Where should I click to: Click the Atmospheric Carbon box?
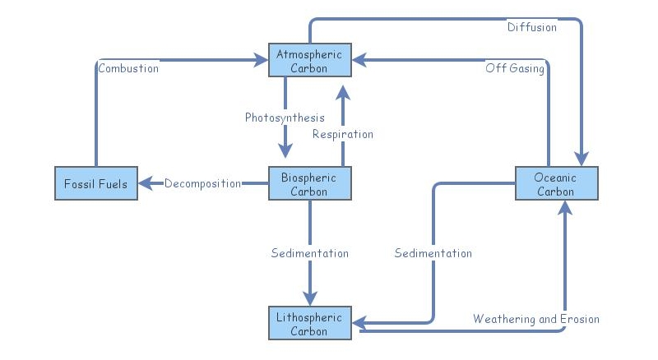(309, 60)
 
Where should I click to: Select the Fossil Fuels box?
(96, 183)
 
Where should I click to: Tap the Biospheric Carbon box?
(309, 183)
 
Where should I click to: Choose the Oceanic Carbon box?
(556, 183)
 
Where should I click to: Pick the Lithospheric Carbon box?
(309, 323)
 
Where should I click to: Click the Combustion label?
(128, 68)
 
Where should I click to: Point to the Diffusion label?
(531, 27)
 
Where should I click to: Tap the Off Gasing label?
(515, 68)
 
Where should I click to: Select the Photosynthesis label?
(285, 118)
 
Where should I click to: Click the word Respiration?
(343, 134)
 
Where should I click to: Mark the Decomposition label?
(202, 183)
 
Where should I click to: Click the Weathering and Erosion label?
(535, 318)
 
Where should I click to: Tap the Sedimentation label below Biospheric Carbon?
(310, 253)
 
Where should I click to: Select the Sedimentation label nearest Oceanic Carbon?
(433, 253)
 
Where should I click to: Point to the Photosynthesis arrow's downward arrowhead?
(285, 151)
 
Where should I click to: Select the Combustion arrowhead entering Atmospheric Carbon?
(261, 60)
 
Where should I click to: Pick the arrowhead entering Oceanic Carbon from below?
(565, 209)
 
